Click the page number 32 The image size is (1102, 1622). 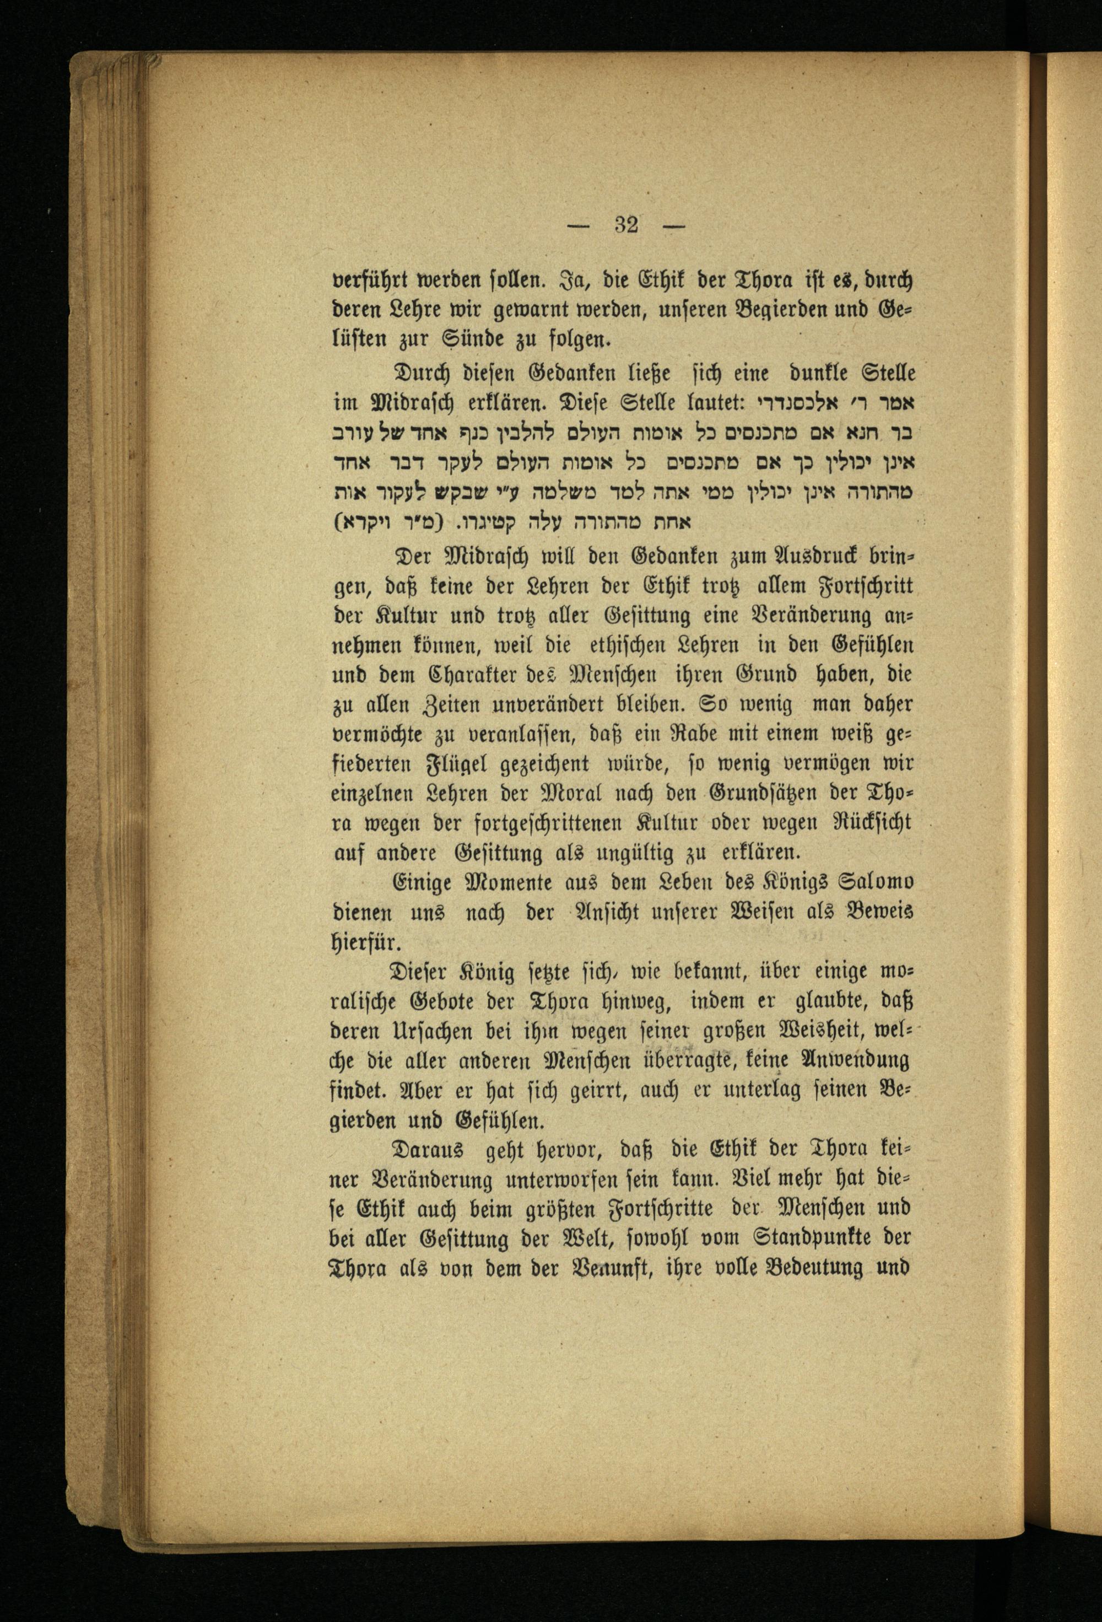click(626, 225)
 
